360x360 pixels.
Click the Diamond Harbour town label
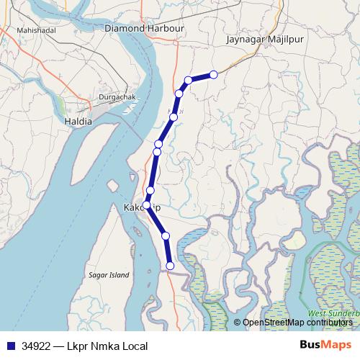145,28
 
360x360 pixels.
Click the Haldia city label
78,122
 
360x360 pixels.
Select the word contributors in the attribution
332,323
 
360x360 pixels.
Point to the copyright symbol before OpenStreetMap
238,323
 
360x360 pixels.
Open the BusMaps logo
320,346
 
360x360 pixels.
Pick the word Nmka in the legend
105,346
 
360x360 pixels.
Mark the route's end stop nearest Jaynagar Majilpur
214,74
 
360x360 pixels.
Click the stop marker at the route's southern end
170,266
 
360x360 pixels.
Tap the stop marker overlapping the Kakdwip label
146,205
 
